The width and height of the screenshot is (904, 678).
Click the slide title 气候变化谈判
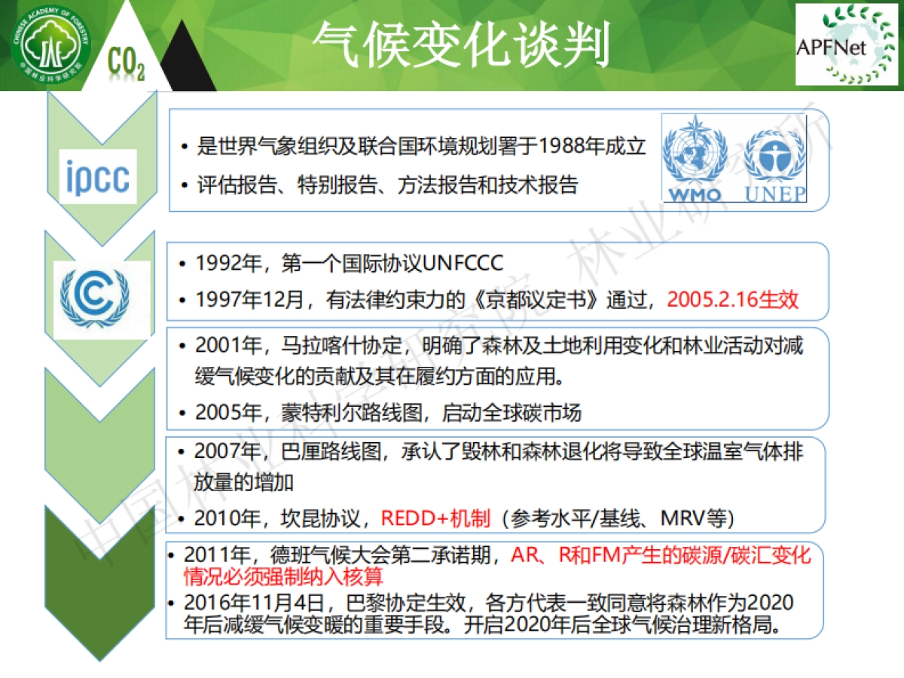point(461,44)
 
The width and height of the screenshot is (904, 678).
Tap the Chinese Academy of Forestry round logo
point(50,44)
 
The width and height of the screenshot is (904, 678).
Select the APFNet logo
point(846,44)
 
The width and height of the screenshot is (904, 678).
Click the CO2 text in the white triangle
point(126,63)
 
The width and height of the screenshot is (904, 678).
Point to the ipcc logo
point(98,176)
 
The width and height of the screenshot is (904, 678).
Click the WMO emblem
point(695,158)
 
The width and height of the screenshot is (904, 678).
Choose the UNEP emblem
point(775,166)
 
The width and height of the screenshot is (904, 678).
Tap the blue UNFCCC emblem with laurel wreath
point(95,298)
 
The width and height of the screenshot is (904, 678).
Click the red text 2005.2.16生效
point(733,299)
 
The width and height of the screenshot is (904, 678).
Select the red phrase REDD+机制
point(435,518)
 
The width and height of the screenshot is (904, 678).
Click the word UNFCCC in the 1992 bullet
point(463,263)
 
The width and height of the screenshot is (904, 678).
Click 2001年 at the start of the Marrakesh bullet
point(228,345)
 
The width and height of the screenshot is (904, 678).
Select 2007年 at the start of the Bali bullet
point(228,451)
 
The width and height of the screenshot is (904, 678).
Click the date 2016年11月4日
point(253,603)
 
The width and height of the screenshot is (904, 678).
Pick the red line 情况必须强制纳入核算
point(283,576)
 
